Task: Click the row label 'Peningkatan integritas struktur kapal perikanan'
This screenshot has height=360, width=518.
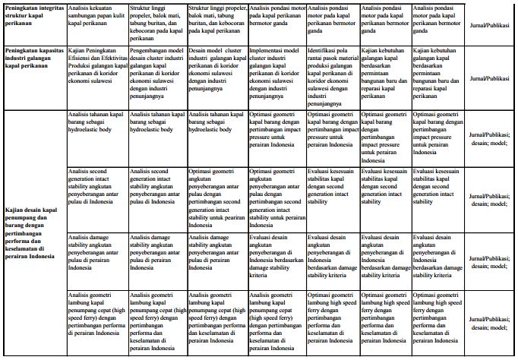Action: (x=32, y=17)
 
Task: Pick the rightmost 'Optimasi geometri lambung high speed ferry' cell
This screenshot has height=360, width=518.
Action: (x=436, y=324)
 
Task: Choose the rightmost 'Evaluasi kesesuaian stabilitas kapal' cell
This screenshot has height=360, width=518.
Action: (x=436, y=185)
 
